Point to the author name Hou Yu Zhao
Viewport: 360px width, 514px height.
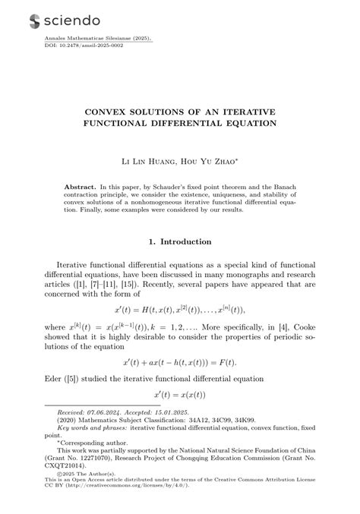click(x=212, y=162)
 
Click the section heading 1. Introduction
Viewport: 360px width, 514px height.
click(x=180, y=241)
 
